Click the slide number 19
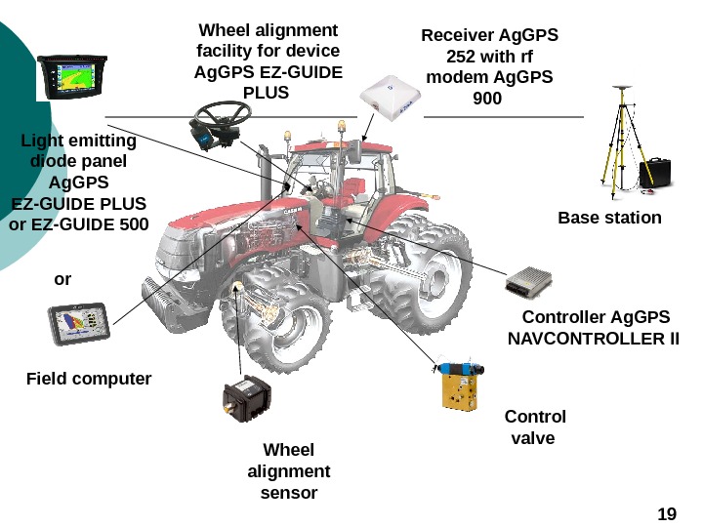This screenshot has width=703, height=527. click(x=668, y=514)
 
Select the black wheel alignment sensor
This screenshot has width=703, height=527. click(x=243, y=398)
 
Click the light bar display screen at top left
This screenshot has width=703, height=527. click(x=69, y=76)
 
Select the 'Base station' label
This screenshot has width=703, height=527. click(x=609, y=217)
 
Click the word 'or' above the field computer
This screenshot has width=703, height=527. click(x=62, y=279)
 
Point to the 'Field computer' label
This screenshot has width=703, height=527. click(x=89, y=378)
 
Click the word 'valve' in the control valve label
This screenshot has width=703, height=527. click(x=533, y=438)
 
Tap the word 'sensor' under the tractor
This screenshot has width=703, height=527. click(x=289, y=493)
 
